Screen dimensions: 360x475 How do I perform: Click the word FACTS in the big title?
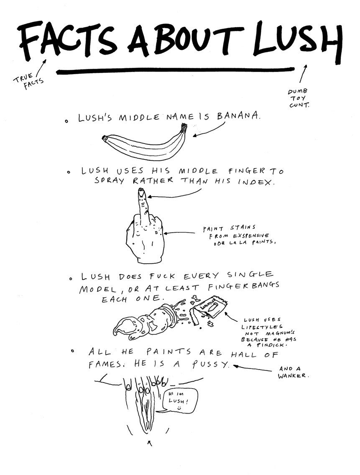pyautogui.click(x=67, y=39)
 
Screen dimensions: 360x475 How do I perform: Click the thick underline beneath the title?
pyautogui.click(x=175, y=71)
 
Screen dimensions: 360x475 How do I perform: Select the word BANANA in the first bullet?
pyautogui.click(x=238, y=116)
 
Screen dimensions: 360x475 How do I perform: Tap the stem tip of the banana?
pyautogui.click(x=184, y=125)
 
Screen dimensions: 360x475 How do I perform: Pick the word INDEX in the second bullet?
pyautogui.click(x=256, y=182)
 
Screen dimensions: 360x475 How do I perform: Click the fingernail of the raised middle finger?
pyautogui.click(x=141, y=192)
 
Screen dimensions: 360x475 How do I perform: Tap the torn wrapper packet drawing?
pyautogui.click(x=209, y=309)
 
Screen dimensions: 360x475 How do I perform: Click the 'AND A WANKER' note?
pyautogui.click(x=293, y=372)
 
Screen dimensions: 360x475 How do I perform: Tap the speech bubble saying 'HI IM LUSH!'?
pyautogui.click(x=180, y=401)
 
